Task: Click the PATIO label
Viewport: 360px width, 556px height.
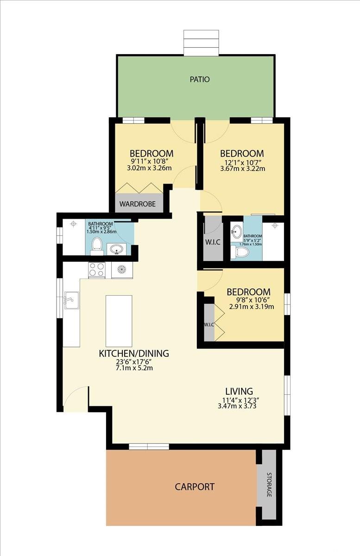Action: (x=200, y=79)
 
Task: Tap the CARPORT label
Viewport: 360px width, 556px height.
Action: (x=195, y=486)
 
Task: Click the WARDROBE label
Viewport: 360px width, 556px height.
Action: (x=138, y=204)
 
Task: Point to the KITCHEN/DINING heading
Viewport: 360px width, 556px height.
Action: (x=134, y=353)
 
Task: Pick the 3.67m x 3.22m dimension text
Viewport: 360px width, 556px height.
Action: (x=243, y=169)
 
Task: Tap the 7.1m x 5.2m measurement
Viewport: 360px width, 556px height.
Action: (x=134, y=367)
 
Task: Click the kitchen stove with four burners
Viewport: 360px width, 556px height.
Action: (x=97, y=270)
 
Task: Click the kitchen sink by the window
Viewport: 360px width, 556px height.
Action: (x=72, y=300)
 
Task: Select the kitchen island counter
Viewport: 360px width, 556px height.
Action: (x=119, y=321)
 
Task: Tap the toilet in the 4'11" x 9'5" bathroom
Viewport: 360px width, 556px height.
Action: (x=96, y=246)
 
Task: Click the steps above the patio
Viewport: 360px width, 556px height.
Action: (x=202, y=43)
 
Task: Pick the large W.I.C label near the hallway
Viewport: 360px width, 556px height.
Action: (x=213, y=242)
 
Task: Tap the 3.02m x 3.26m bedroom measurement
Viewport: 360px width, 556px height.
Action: (x=149, y=168)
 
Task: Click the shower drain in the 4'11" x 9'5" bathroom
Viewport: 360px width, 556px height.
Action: (x=73, y=224)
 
